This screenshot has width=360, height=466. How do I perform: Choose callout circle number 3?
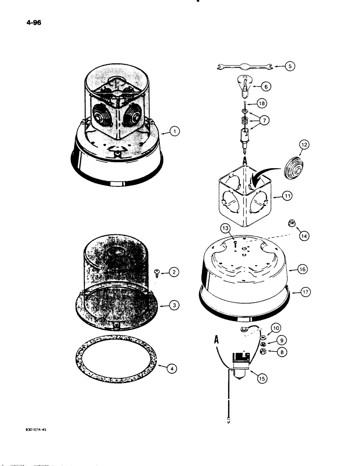(x=173, y=306)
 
